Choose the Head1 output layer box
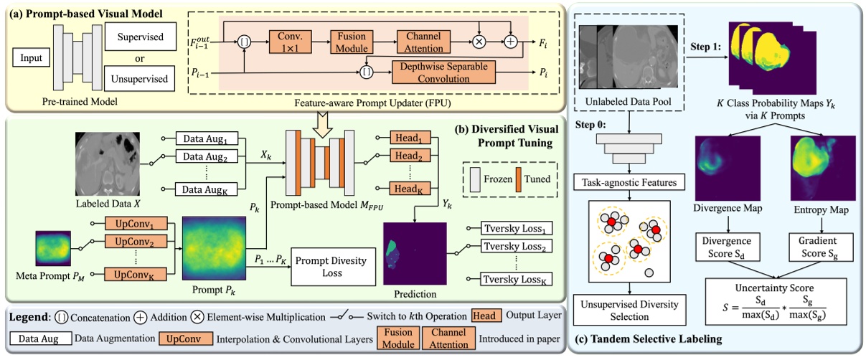[407, 136]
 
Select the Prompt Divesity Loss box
[333, 268]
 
